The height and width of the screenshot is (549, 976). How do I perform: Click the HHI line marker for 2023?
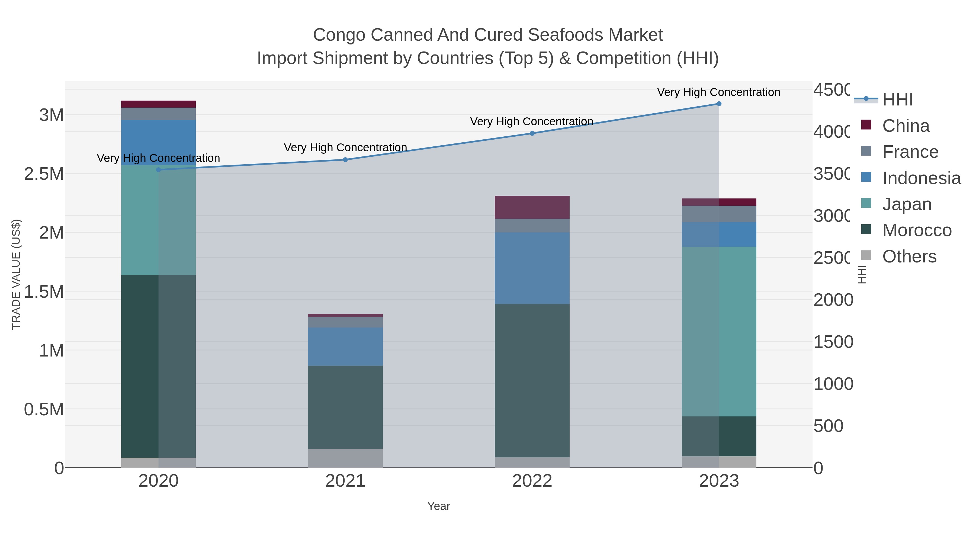pyautogui.click(x=719, y=104)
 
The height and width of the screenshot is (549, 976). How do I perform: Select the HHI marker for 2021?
pyautogui.click(x=345, y=160)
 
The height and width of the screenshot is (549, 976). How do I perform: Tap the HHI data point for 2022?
pyautogui.click(x=532, y=133)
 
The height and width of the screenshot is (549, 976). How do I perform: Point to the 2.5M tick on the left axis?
pyautogui.click(x=44, y=174)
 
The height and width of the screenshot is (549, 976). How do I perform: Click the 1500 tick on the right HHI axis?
pyautogui.click(x=833, y=342)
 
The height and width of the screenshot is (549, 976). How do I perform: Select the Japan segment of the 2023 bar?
pyautogui.click(x=719, y=332)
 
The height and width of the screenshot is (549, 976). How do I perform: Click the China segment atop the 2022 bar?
pyautogui.click(x=532, y=207)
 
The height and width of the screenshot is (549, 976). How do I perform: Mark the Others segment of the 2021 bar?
pyautogui.click(x=345, y=458)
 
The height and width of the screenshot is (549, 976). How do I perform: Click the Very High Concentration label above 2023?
pyautogui.click(x=718, y=92)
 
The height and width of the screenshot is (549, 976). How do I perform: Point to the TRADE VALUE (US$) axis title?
pyautogui.click(x=16, y=274)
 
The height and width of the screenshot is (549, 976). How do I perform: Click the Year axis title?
pyautogui.click(x=438, y=506)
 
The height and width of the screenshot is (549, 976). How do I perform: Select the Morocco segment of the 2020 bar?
pyautogui.click(x=158, y=366)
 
